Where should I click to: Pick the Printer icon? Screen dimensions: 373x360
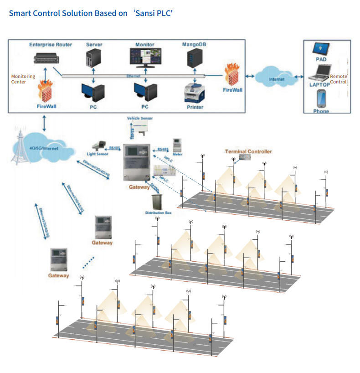[x=195, y=93]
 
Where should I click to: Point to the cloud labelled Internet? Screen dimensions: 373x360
[x=277, y=78]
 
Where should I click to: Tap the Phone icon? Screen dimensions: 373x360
[x=321, y=99]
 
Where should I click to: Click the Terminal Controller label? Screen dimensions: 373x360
[x=248, y=151]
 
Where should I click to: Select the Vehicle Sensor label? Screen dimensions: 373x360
[x=140, y=118]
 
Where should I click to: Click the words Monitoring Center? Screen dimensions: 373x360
[x=23, y=79]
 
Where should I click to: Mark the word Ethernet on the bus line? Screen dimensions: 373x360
[x=133, y=76]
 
